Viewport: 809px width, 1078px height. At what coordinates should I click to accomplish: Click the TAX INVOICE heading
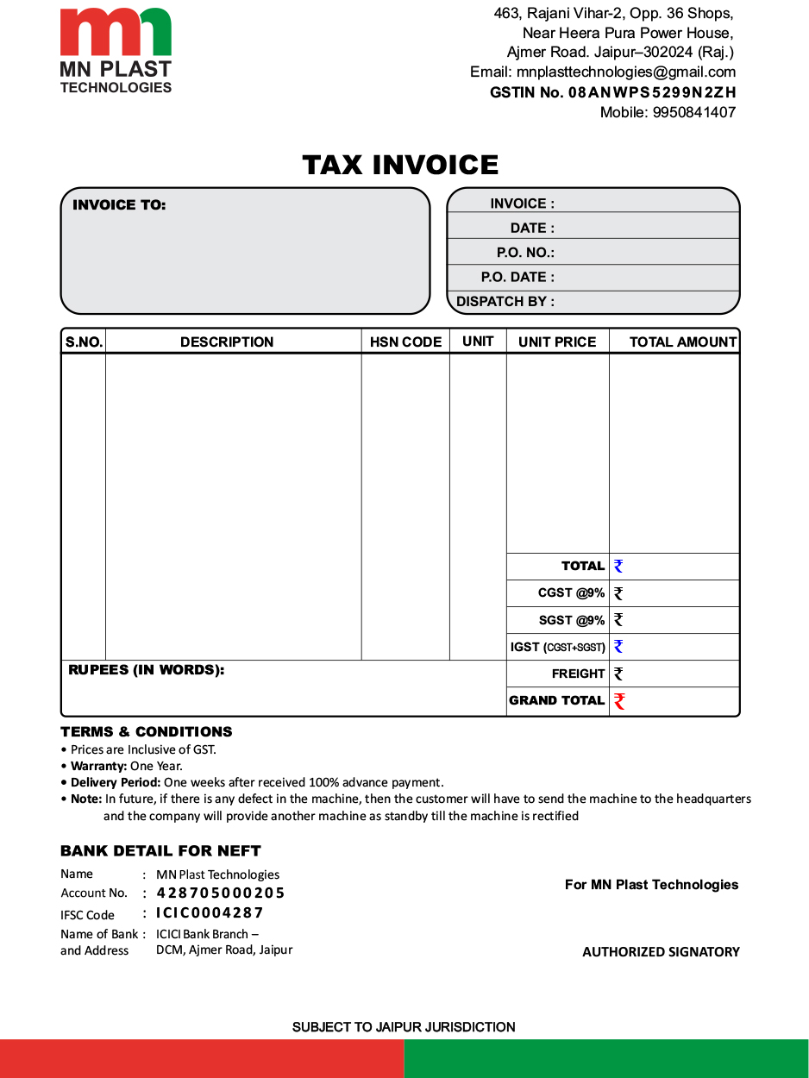(400, 165)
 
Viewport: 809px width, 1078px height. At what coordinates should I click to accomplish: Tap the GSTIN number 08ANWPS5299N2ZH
(652, 92)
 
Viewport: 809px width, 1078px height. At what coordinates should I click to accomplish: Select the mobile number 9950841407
(694, 112)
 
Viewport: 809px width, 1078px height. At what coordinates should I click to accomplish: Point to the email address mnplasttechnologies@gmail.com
(626, 72)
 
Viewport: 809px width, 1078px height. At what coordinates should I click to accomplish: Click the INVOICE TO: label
(119, 205)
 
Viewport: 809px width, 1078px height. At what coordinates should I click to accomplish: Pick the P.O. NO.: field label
(525, 253)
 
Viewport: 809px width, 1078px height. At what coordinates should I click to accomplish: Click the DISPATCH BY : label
(505, 302)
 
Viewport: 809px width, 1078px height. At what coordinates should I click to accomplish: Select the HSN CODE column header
(405, 342)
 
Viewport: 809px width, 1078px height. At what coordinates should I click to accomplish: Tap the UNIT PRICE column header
(557, 342)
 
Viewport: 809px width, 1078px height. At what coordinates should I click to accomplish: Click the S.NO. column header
(84, 342)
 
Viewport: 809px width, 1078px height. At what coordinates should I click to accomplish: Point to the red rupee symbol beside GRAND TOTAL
(619, 701)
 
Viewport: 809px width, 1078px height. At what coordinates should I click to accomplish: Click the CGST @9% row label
(571, 593)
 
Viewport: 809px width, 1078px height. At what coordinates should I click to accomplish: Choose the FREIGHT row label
(578, 674)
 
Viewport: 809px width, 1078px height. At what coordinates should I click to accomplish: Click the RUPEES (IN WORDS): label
(146, 670)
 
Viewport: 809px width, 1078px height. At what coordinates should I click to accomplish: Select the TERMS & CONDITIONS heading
(147, 732)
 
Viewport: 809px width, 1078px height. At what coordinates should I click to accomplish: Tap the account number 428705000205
(221, 893)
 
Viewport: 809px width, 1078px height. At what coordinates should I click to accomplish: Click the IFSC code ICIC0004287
(210, 913)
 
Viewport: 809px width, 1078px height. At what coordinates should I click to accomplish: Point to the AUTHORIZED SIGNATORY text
(661, 952)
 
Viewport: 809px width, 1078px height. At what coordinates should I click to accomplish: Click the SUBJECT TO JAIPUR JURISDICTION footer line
(404, 1027)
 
